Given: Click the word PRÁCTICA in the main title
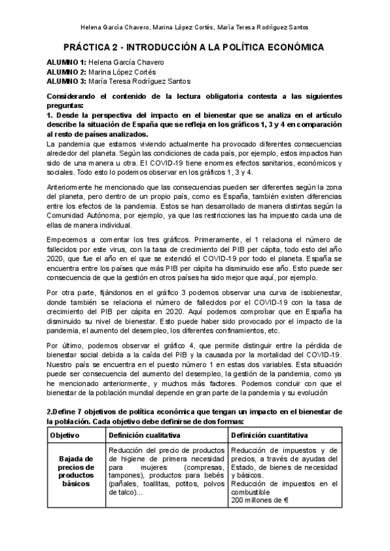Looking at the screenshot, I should [90, 47].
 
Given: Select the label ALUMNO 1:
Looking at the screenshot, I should [66, 62].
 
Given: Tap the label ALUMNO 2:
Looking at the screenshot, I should [66, 71].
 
